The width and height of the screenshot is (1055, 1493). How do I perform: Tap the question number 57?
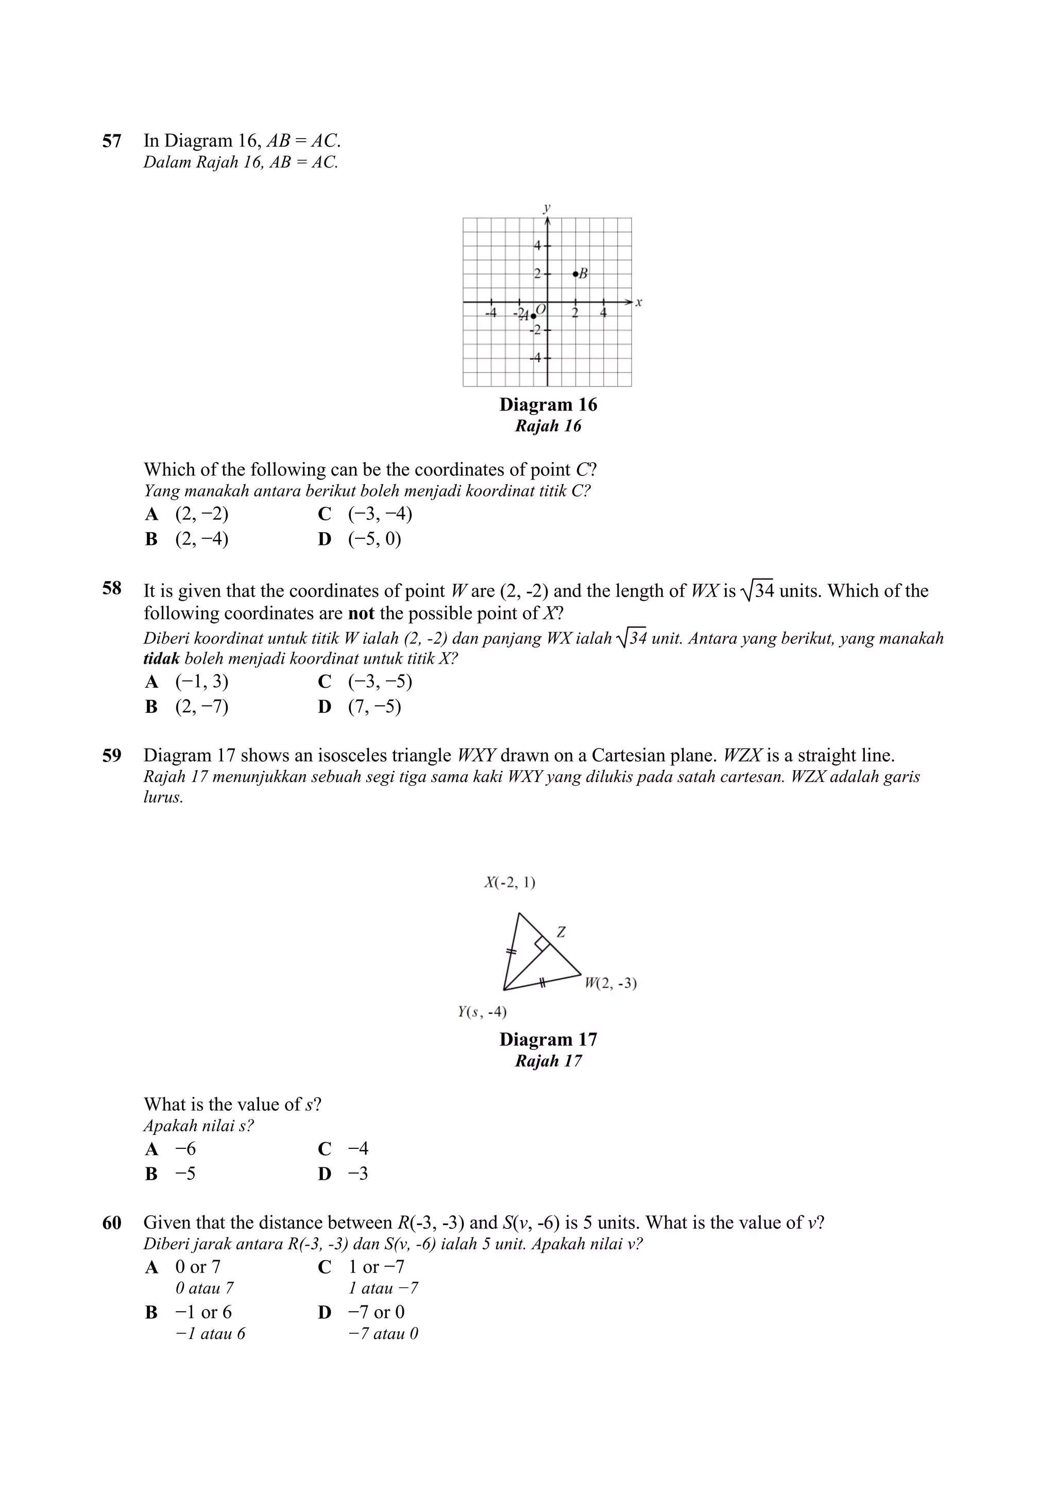[x=112, y=141]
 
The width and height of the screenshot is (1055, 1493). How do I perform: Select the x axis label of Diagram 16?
[x=639, y=302]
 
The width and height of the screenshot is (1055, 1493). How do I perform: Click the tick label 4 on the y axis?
[x=537, y=246]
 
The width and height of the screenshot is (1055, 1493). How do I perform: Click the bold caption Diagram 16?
[x=548, y=404]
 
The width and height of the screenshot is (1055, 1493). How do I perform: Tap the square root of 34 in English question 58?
[x=757, y=591]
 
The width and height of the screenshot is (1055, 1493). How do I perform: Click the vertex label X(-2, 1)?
[x=509, y=883]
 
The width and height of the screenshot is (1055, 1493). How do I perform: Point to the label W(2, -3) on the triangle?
[x=610, y=982]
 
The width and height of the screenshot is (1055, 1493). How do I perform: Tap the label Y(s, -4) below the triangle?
[x=482, y=1011]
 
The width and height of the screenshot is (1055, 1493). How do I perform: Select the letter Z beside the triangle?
[x=561, y=932]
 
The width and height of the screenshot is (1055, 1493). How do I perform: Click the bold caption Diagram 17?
[x=548, y=1039]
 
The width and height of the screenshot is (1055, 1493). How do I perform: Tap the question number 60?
[x=112, y=1223]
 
